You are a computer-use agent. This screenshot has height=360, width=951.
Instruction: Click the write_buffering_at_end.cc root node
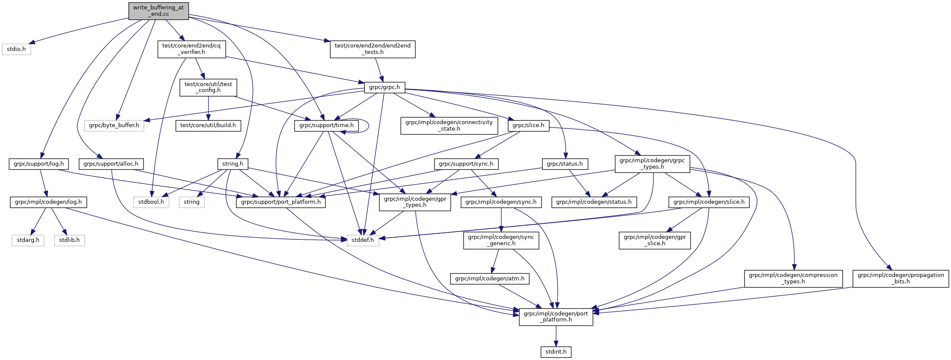(158, 11)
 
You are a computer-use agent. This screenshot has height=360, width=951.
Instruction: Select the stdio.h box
(16, 49)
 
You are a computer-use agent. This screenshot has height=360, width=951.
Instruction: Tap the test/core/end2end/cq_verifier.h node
(192, 49)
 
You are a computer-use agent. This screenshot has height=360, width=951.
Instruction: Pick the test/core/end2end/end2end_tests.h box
(373, 49)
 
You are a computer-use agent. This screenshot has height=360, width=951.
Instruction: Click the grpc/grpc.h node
(385, 87)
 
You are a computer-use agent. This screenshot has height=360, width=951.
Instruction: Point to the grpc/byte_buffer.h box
(114, 125)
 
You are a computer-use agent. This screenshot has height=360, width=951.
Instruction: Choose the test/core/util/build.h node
(208, 125)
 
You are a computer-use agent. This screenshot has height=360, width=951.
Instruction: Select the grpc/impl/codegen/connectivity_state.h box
(449, 125)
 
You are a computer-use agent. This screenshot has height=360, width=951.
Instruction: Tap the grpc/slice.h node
(528, 125)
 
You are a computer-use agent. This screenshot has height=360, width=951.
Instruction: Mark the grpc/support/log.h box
(39, 164)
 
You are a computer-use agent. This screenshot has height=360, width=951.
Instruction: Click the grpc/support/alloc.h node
(111, 164)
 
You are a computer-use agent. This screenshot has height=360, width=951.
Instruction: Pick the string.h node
(233, 164)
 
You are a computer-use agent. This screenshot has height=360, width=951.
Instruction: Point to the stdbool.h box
(151, 202)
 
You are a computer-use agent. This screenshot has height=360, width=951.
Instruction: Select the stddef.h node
(363, 240)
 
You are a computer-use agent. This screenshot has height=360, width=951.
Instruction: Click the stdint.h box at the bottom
(556, 352)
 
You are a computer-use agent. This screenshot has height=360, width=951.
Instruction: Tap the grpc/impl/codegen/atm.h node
(489, 279)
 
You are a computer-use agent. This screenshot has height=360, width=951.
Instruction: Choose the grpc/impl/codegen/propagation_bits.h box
(901, 278)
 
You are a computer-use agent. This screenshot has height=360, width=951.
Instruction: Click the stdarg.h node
(28, 240)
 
